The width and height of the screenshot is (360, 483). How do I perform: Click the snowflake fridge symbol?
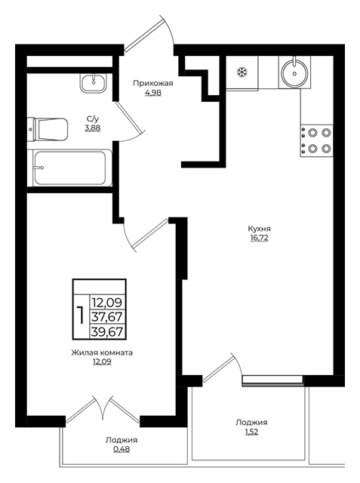242,72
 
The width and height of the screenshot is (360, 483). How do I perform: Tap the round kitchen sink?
294,72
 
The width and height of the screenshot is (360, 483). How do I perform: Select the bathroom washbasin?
94,83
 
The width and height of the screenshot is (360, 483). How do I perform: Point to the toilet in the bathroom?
48,129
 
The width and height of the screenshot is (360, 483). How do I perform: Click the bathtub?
69,168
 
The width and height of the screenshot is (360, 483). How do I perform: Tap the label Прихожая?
153,83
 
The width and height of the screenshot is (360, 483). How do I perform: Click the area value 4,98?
153,92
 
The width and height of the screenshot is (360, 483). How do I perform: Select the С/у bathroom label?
93,119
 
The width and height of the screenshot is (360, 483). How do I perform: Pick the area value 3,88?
93,128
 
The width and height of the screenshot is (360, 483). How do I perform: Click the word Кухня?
260,229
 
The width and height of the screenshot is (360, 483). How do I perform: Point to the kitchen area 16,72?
260,238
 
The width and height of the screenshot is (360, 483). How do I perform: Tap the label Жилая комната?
102,352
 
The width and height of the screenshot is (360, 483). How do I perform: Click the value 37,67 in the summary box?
107,317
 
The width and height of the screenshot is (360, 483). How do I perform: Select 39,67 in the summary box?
107,332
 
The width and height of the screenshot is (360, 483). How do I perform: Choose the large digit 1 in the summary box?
81,315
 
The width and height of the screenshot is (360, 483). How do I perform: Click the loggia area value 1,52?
251,432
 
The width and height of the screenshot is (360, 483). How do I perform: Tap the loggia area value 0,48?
122,450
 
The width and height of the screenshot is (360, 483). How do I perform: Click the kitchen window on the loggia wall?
273,380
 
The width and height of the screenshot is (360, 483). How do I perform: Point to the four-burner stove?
317,141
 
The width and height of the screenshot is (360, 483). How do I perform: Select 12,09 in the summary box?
107,303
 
